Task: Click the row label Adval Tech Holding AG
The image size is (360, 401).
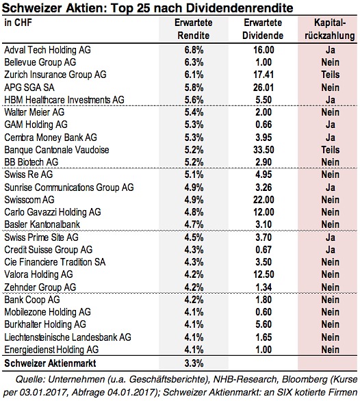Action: click(47, 50)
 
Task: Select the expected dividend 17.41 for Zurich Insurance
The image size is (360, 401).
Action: click(263, 75)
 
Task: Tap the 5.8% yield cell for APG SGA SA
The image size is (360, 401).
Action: click(194, 88)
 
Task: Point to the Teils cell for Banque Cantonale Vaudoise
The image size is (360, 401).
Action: click(331, 150)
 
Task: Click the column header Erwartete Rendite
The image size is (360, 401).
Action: click(194, 29)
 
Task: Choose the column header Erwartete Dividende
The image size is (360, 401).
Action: click(263, 29)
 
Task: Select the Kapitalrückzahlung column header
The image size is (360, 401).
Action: click(330, 29)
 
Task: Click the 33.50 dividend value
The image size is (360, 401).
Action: click(263, 150)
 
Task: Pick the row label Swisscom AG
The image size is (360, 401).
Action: click(29, 200)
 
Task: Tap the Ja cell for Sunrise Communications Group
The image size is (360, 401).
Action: click(331, 187)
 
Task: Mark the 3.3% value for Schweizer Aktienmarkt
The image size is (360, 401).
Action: click(194, 363)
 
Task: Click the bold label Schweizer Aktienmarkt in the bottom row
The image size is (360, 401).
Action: click(50, 363)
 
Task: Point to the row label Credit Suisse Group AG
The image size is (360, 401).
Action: click(49, 250)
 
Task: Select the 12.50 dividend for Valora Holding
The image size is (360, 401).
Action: click(263, 274)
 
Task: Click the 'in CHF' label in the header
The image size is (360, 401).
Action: click(18, 23)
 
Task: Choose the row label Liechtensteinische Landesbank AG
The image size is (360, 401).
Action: click(68, 337)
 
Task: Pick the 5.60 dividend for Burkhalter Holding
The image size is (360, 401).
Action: click(263, 324)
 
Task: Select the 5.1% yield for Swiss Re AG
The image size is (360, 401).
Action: click(194, 174)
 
